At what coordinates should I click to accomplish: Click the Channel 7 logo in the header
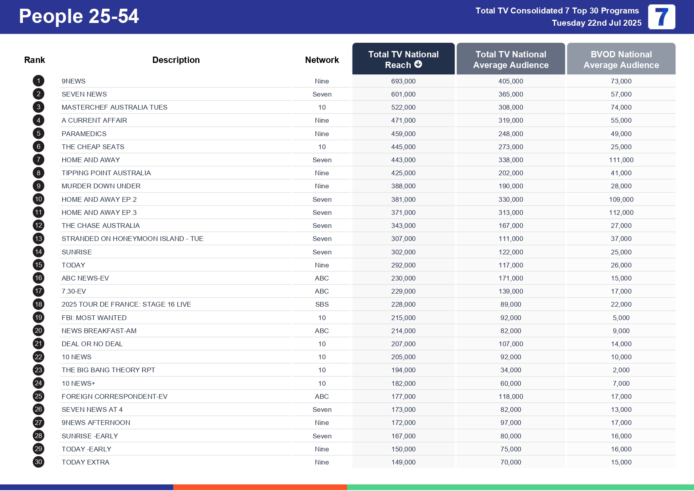click(x=661, y=17)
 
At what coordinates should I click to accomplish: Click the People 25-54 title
click(x=79, y=17)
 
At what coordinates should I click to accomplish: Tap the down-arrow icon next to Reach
click(x=418, y=64)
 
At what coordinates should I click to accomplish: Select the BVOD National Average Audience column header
click(x=621, y=59)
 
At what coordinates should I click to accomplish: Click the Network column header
click(x=322, y=60)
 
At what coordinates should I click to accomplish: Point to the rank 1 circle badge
click(x=38, y=81)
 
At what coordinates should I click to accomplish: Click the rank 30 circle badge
click(x=38, y=462)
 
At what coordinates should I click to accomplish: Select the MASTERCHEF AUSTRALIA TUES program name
click(x=114, y=107)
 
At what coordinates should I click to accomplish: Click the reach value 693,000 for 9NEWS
click(x=403, y=81)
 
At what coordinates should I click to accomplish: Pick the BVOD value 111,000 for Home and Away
click(x=621, y=160)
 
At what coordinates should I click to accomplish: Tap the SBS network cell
click(x=322, y=304)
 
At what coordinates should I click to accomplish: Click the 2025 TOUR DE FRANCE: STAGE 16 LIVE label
click(x=126, y=304)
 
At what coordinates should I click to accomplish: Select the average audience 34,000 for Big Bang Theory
click(x=510, y=370)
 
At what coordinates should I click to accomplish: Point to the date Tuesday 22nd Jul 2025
click(x=596, y=23)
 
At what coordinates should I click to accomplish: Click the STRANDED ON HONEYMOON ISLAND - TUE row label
click(x=132, y=239)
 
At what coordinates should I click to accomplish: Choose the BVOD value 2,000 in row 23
click(x=621, y=370)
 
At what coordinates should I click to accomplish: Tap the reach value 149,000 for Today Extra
click(x=403, y=462)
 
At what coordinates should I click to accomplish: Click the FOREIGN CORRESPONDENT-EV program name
click(x=114, y=396)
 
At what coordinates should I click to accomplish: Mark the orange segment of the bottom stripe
click(x=260, y=487)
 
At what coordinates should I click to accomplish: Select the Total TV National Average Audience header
click(x=510, y=59)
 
